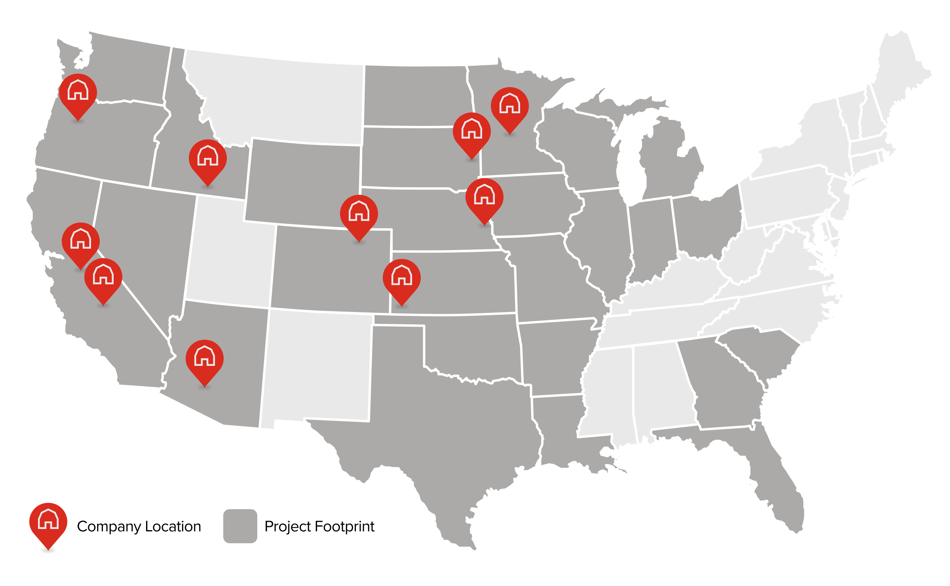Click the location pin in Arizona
click(x=205, y=358)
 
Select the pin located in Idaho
click(x=208, y=158)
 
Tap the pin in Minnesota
click(x=510, y=106)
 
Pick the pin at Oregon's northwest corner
click(x=78, y=92)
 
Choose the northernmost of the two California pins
click(x=81, y=241)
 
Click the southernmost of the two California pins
click(x=103, y=277)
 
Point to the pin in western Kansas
click(x=402, y=278)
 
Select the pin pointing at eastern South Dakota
click(x=472, y=131)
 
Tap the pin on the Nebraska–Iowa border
click(x=484, y=197)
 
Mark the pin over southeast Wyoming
click(x=359, y=213)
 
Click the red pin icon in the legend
click(x=48, y=522)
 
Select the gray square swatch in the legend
click(x=240, y=526)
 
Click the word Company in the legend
click(x=109, y=527)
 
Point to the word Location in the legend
click(x=173, y=527)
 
